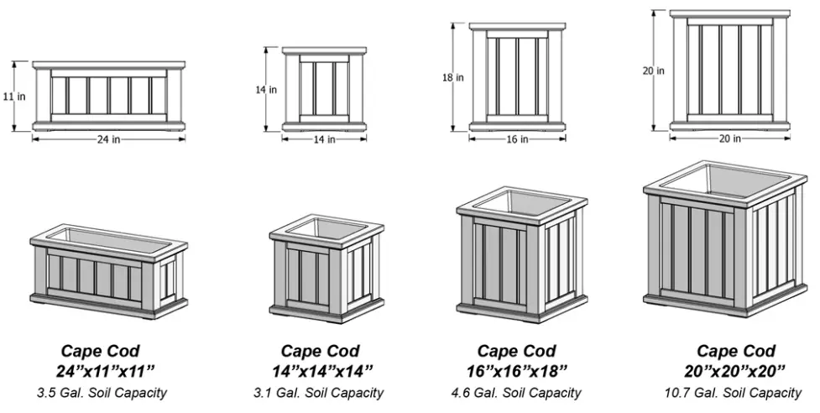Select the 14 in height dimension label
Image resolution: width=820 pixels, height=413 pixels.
266,89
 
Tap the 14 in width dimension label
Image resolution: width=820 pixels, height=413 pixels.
324,139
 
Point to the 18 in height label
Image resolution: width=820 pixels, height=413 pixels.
452,77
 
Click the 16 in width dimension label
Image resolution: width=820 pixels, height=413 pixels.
517,139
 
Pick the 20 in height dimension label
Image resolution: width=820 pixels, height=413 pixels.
654,71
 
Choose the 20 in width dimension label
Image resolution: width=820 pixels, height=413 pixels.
729,139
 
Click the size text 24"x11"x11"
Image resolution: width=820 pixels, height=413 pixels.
101,370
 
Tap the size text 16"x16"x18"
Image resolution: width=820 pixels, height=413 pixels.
517,370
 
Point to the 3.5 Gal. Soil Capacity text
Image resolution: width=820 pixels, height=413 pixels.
101,393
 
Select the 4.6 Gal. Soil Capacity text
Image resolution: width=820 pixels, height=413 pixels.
517,393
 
